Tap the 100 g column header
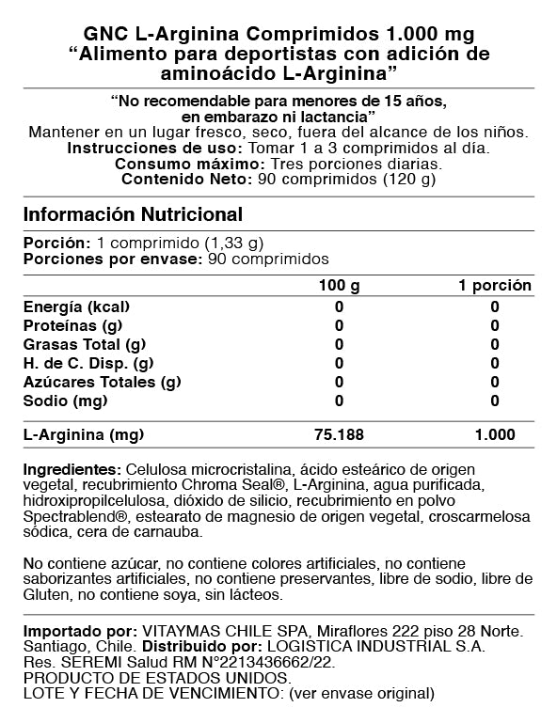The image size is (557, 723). point(339,286)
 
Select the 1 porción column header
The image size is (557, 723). point(494,286)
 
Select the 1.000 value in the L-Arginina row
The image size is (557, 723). point(494,435)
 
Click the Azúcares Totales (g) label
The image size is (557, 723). point(102,382)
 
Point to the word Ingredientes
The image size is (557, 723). point(72,469)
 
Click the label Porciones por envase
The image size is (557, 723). point(112,259)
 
